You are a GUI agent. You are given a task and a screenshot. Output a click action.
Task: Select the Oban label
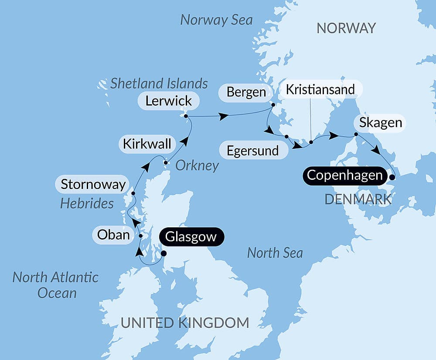coord(113,235)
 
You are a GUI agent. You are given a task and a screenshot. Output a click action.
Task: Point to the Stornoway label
coord(93,184)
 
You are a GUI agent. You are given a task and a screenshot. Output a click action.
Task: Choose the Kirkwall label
coord(147,144)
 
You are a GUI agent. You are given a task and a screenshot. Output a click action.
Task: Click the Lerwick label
coord(169,101)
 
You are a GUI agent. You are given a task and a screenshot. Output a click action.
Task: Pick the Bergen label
coord(246,93)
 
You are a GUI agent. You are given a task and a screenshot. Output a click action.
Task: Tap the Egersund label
coord(253,151)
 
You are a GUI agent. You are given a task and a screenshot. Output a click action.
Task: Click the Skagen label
coord(381,123)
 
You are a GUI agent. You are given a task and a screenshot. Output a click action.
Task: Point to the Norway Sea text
coord(217,20)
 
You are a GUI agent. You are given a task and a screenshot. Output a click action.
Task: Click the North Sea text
coord(275,253)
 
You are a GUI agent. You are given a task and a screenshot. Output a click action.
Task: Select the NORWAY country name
coord(346,28)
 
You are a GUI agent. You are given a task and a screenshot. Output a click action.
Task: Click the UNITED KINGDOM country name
coord(185,323)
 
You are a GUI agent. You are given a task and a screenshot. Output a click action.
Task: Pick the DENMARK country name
coord(358,199)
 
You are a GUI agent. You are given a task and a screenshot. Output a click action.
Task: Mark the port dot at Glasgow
coord(164,253)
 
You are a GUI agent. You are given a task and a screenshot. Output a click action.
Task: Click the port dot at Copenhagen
coord(392,178)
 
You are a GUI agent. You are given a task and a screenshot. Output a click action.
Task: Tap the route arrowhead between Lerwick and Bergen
coord(224,117)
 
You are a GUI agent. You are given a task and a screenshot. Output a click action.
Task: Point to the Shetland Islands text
coord(159,83)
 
